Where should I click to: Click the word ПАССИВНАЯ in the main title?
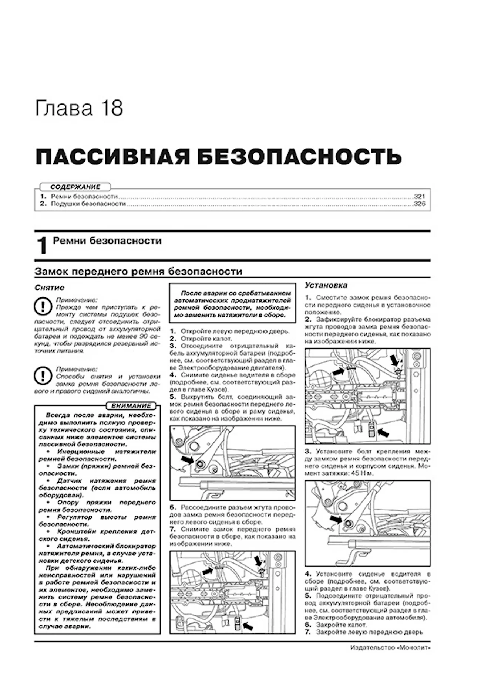pos(111,157)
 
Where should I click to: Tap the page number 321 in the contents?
pos(420,197)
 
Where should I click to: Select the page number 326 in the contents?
pos(420,204)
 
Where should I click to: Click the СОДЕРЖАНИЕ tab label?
pos(75,187)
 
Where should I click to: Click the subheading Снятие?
pos(50,288)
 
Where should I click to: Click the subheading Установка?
pos(326,285)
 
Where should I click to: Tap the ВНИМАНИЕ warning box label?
pos(131,406)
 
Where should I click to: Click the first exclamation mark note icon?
pos(43,307)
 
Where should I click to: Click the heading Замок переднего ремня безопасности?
pos(138,272)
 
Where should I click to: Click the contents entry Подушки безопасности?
pos(88,204)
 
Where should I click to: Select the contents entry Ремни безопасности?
pos(84,197)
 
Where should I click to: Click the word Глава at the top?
pos(63,108)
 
